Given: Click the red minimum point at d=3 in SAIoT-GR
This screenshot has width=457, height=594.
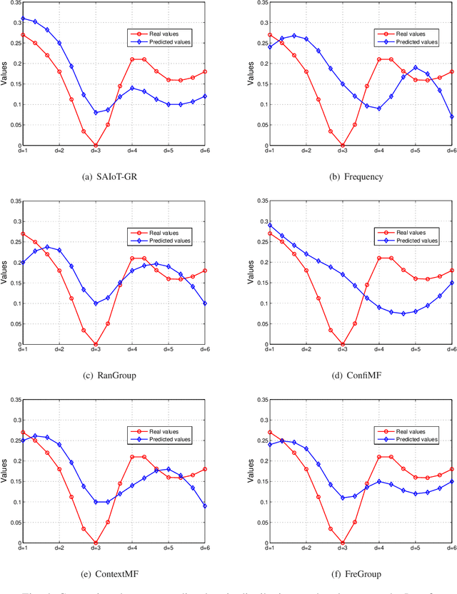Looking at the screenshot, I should click(95, 146).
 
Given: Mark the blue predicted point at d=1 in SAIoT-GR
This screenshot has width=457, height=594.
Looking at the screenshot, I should click(22, 19).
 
